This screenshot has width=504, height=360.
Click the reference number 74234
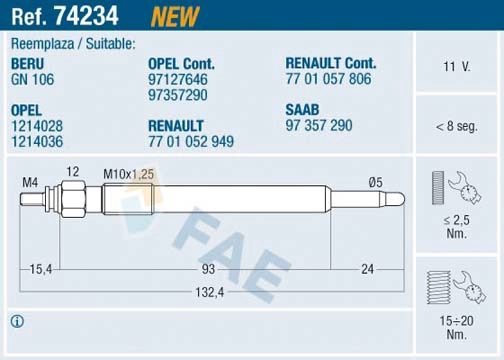(x=86, y=15)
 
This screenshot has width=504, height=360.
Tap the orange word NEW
(x=175, y=16)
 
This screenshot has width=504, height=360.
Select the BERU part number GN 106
(x=32, y=79)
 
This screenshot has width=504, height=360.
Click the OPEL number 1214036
(x=37, y=141)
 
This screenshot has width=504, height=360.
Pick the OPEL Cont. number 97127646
(x=178, y=79)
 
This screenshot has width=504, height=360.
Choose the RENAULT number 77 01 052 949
(x=191, y=141)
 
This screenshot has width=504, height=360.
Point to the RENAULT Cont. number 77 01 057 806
(x=328, y=79)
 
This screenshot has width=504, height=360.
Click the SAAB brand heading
(x=302, y=110)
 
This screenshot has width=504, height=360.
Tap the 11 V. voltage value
(x=457, y=67)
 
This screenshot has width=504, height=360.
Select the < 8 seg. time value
(x=457, y=126)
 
